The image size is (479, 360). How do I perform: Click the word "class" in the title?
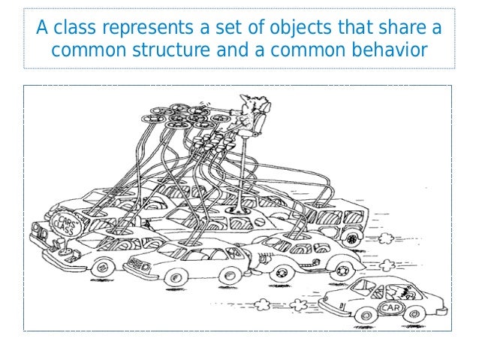[75, 29]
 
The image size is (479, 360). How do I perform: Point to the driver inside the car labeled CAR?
[410, 290]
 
